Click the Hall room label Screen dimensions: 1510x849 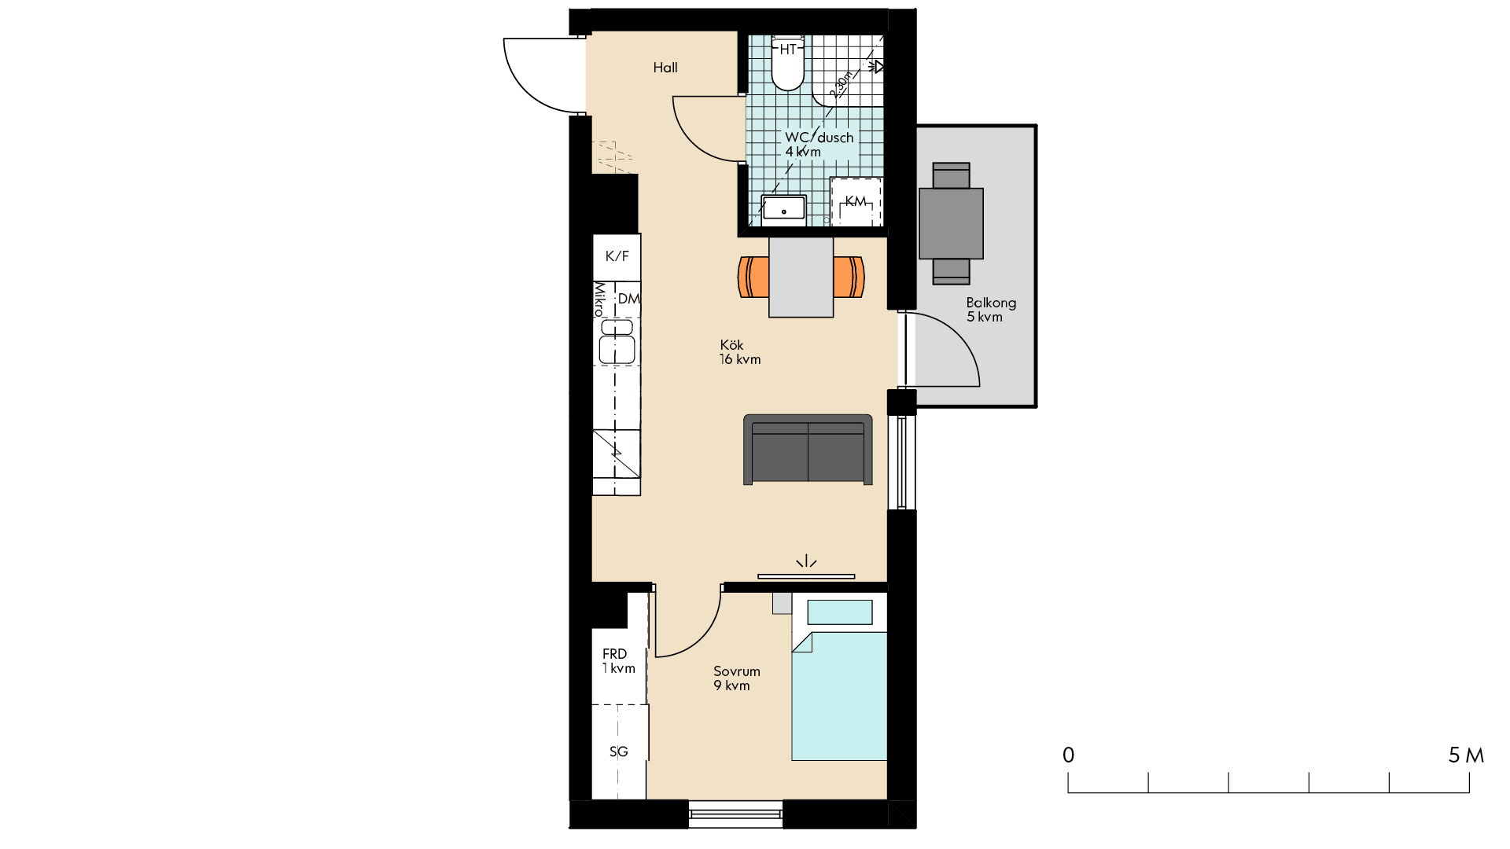tap(665, 68)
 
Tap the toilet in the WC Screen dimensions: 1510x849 tap(788, 63)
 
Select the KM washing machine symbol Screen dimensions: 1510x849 tap(856, 202)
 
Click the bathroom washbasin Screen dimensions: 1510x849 tap(783, 209)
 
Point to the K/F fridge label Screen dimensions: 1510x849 tap(617, 256)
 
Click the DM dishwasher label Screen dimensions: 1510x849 tap(628, 299)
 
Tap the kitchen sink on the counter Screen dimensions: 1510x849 tap(617, 342)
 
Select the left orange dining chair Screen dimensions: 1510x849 tap(753, 277)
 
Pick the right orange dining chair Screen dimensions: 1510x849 tap(849, 277)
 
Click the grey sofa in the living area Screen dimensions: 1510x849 tap(808, 450)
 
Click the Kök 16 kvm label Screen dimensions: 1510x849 tap(740, 352)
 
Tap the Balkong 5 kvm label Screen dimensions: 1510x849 tap(991, 310)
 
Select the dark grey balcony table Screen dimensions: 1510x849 tap(951, 224)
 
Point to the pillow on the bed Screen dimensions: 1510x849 tap(840, 612)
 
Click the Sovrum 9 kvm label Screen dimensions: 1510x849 tap(737, 678)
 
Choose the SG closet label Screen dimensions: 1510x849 tap(619, 752)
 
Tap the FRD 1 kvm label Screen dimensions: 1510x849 tap(619, 661)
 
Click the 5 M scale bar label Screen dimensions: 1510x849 tap(1466, 755)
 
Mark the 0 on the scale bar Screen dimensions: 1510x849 tap(1068, 755)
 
